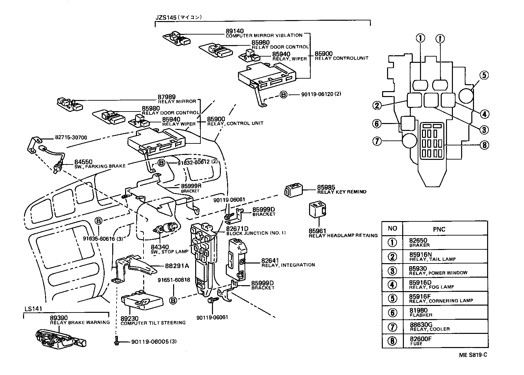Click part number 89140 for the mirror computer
234,31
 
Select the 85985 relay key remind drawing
294,190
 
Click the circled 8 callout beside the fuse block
484,145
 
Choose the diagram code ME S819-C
473,355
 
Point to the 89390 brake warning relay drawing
61,338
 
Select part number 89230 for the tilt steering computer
129,318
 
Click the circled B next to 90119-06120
283,94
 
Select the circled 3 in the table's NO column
392,270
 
